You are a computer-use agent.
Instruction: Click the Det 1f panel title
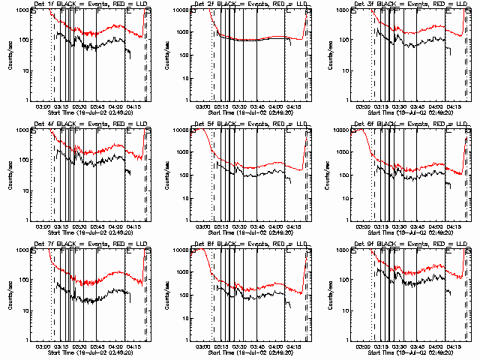[x=90, y=6]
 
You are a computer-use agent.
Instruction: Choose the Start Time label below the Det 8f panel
[x=250, y=351]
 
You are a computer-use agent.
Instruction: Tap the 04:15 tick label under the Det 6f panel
[x=455, y=226]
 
